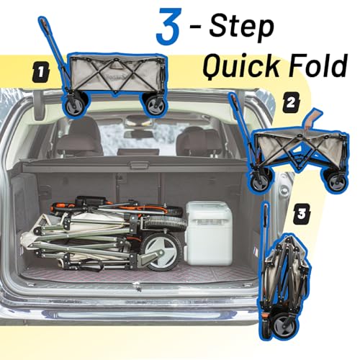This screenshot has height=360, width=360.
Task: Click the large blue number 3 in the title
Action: [x=168, y=27]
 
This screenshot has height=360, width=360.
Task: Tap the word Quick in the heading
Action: [x=242, y=66]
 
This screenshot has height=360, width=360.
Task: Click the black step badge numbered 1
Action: [x=41, y=72]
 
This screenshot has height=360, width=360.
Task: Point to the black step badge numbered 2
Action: [x=291, y=103]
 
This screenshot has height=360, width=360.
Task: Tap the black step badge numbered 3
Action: [x=302, y=213]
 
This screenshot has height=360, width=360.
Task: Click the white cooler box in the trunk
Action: [x=209, y=233]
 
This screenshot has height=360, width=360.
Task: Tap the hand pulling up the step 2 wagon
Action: [x=312, y=120]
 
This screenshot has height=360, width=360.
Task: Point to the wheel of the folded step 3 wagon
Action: [x=287, y=326]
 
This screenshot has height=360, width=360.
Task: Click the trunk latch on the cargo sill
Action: [x=138, y=286]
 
